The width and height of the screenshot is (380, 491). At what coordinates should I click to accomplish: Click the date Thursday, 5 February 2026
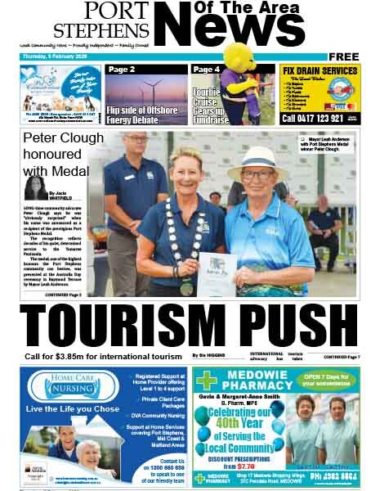click(56, 57)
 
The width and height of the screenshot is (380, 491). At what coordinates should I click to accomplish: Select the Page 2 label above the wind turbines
click(122, 70)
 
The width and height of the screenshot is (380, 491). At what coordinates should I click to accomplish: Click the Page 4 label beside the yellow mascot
click(207, 70)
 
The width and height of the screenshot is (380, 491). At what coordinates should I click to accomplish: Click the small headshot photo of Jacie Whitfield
click(35, 188)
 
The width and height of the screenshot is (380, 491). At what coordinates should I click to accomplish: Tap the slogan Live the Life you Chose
click(73, 408)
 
